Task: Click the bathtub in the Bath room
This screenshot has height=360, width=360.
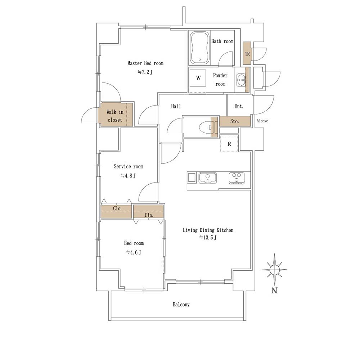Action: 200,48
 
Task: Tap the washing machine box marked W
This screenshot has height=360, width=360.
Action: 198,78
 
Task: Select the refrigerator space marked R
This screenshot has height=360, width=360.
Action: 229,144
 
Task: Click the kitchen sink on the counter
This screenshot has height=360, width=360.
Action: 208,178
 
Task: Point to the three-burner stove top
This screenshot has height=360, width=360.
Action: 237,178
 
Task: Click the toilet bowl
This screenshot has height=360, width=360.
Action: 206,127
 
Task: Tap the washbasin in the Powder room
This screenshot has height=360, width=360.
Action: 241,80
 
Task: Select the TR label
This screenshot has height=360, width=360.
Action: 247,54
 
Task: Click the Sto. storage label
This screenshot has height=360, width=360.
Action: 234,121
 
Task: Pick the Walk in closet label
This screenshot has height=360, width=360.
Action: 115,116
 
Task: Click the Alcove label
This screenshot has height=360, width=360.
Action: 262,121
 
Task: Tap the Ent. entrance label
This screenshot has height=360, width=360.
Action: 239,106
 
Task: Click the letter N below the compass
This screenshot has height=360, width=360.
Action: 274,291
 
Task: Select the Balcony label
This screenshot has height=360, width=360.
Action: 181,305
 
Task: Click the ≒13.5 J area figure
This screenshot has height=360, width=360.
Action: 208,237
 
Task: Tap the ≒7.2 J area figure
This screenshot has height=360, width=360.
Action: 145,72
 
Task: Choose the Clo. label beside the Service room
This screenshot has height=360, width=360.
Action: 117,208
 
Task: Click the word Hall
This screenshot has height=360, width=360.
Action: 176,106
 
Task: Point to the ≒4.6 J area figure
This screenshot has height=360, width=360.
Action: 134,253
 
